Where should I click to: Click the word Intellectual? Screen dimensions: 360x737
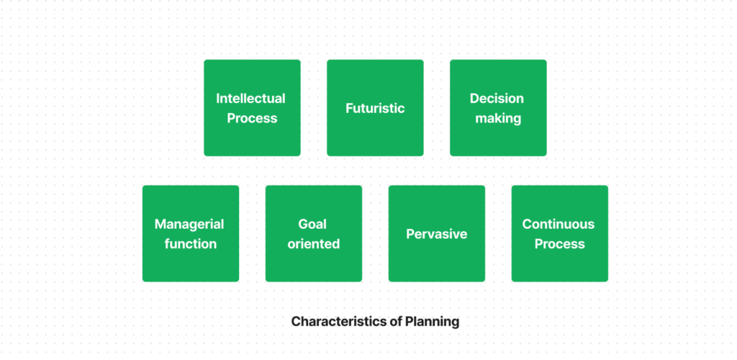[251, 99]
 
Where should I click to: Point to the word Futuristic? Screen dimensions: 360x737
[375, 108]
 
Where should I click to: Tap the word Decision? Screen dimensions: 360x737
[497, 99]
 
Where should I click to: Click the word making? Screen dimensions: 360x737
[498, 118]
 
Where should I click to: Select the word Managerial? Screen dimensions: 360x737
[189, 224]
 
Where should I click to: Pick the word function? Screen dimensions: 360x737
[190, 244]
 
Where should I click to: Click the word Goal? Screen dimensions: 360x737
[312, 224]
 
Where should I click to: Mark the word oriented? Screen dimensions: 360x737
[314, 244]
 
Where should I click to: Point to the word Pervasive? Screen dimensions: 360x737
[436, 234]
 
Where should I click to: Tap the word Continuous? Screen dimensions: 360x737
[559, 224]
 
